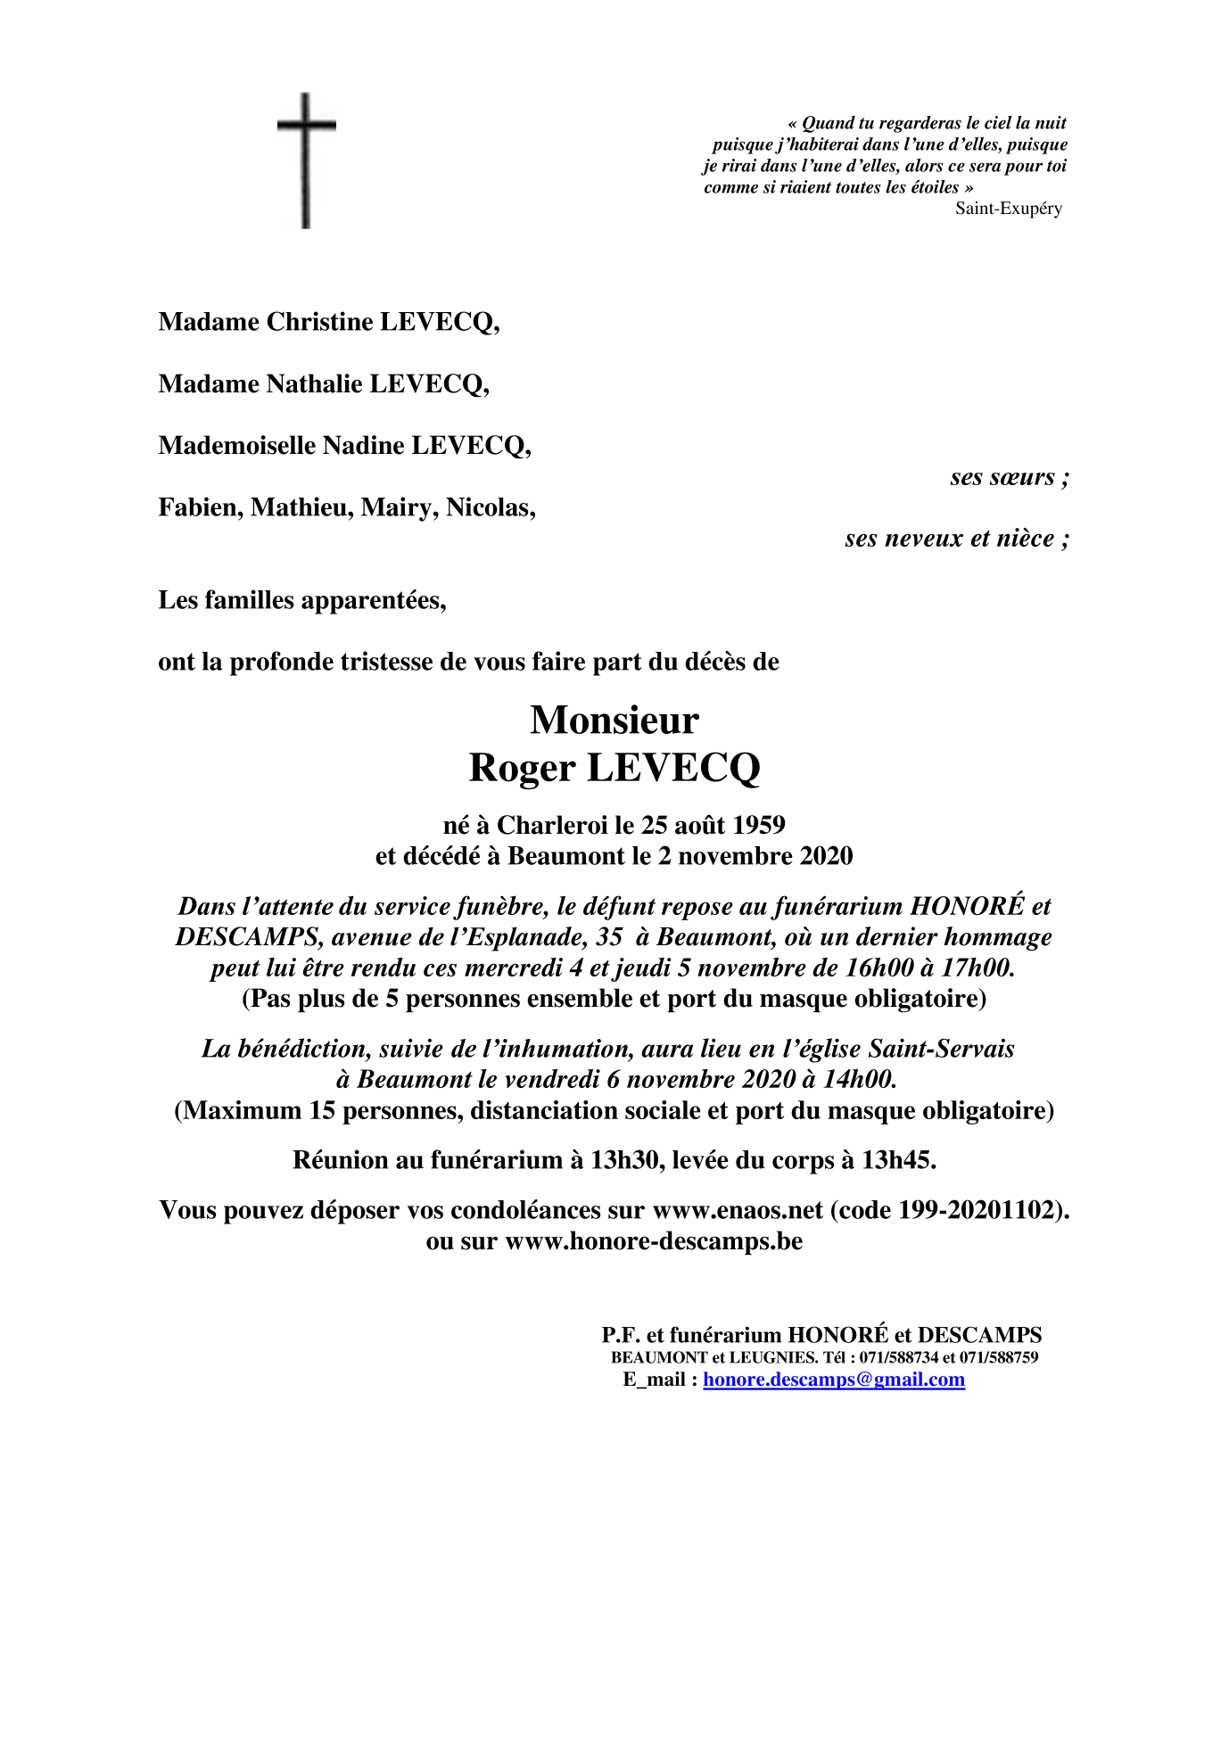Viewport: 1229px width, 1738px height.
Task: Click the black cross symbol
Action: (306, 161)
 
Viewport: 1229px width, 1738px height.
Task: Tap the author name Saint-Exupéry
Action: (1008, 209)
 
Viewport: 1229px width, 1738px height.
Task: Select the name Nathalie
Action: (315, 384)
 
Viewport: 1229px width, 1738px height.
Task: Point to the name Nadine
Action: (363, 446)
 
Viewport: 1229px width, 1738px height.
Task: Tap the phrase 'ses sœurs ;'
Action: (1009, 477)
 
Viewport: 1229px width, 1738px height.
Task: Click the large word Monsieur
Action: (614, 721)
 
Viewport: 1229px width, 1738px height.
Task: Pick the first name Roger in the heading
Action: (522, 768)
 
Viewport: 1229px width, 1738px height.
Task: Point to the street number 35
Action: (609, 937)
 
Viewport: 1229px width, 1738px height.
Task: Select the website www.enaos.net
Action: (738, 1210)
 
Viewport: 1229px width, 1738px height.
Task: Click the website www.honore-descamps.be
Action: (654, 1241)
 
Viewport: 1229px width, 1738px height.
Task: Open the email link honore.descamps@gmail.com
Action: (833, 1380)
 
